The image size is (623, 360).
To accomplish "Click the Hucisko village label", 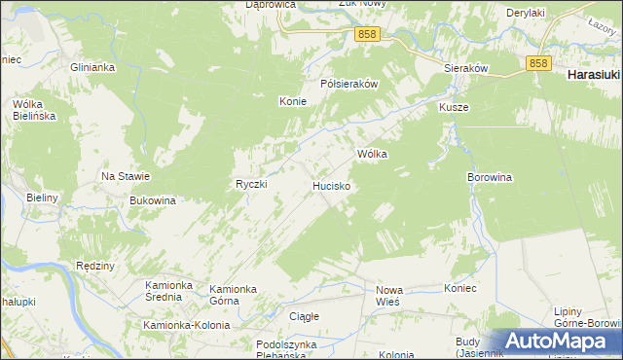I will click(332, 184).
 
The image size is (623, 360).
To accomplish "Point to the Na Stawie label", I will click(126, 176).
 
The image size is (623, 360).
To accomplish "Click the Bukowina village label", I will click(153, 200).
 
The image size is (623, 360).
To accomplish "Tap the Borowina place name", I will click(490, 178).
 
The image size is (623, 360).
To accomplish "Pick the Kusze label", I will click(454, 107).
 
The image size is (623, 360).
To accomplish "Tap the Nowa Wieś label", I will click(389, 295).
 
